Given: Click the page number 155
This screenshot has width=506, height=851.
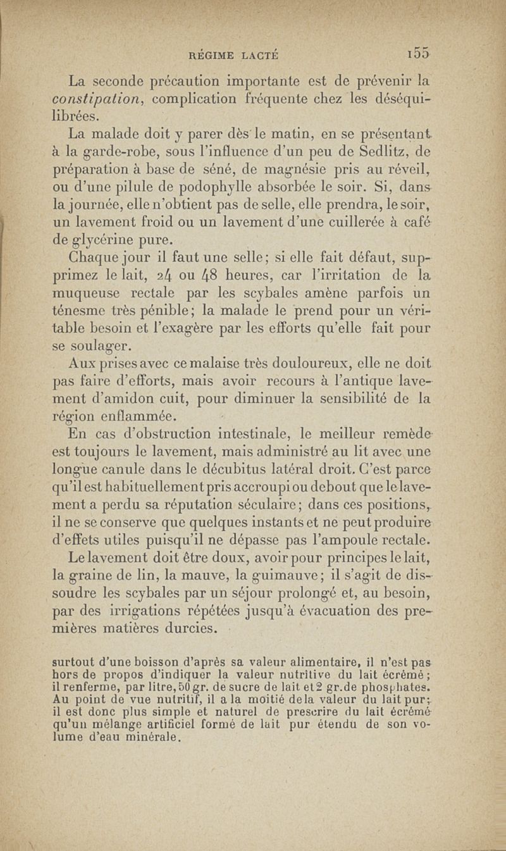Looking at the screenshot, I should (418, 56).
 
